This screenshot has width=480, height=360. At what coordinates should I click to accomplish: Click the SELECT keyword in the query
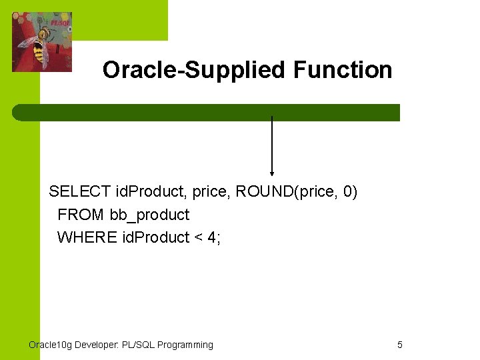pos(80,193)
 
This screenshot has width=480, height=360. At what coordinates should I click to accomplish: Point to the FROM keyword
pos(80,215)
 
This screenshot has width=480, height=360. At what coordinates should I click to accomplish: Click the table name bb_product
pos(149,215)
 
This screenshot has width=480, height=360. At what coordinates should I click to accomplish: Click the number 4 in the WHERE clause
pos(211,237)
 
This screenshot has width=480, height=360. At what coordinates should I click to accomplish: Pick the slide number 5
pos(400,345)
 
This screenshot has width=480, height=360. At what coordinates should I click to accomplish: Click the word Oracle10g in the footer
pos(51,345)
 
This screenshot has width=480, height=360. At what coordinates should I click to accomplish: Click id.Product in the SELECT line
pos(151,193)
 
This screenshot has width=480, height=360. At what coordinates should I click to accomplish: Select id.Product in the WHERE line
pos(155,237)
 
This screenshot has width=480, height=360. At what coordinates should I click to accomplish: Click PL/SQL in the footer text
pos(139,345)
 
